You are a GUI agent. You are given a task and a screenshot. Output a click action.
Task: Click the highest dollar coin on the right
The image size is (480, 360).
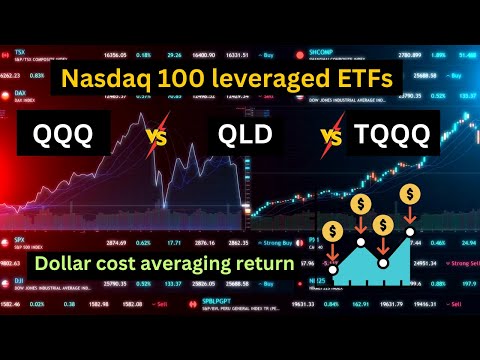tap(410, 193)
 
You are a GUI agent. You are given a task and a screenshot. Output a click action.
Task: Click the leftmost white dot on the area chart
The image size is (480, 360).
tap(332, 269)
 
